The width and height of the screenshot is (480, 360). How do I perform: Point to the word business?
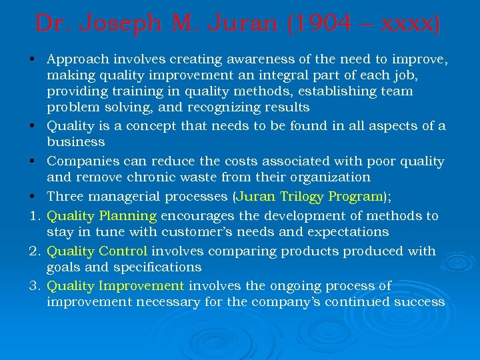(x=75, y=142)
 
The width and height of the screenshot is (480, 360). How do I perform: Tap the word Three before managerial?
(x=65, y=197)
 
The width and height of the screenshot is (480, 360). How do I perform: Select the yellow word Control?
(x=123, y=251)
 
